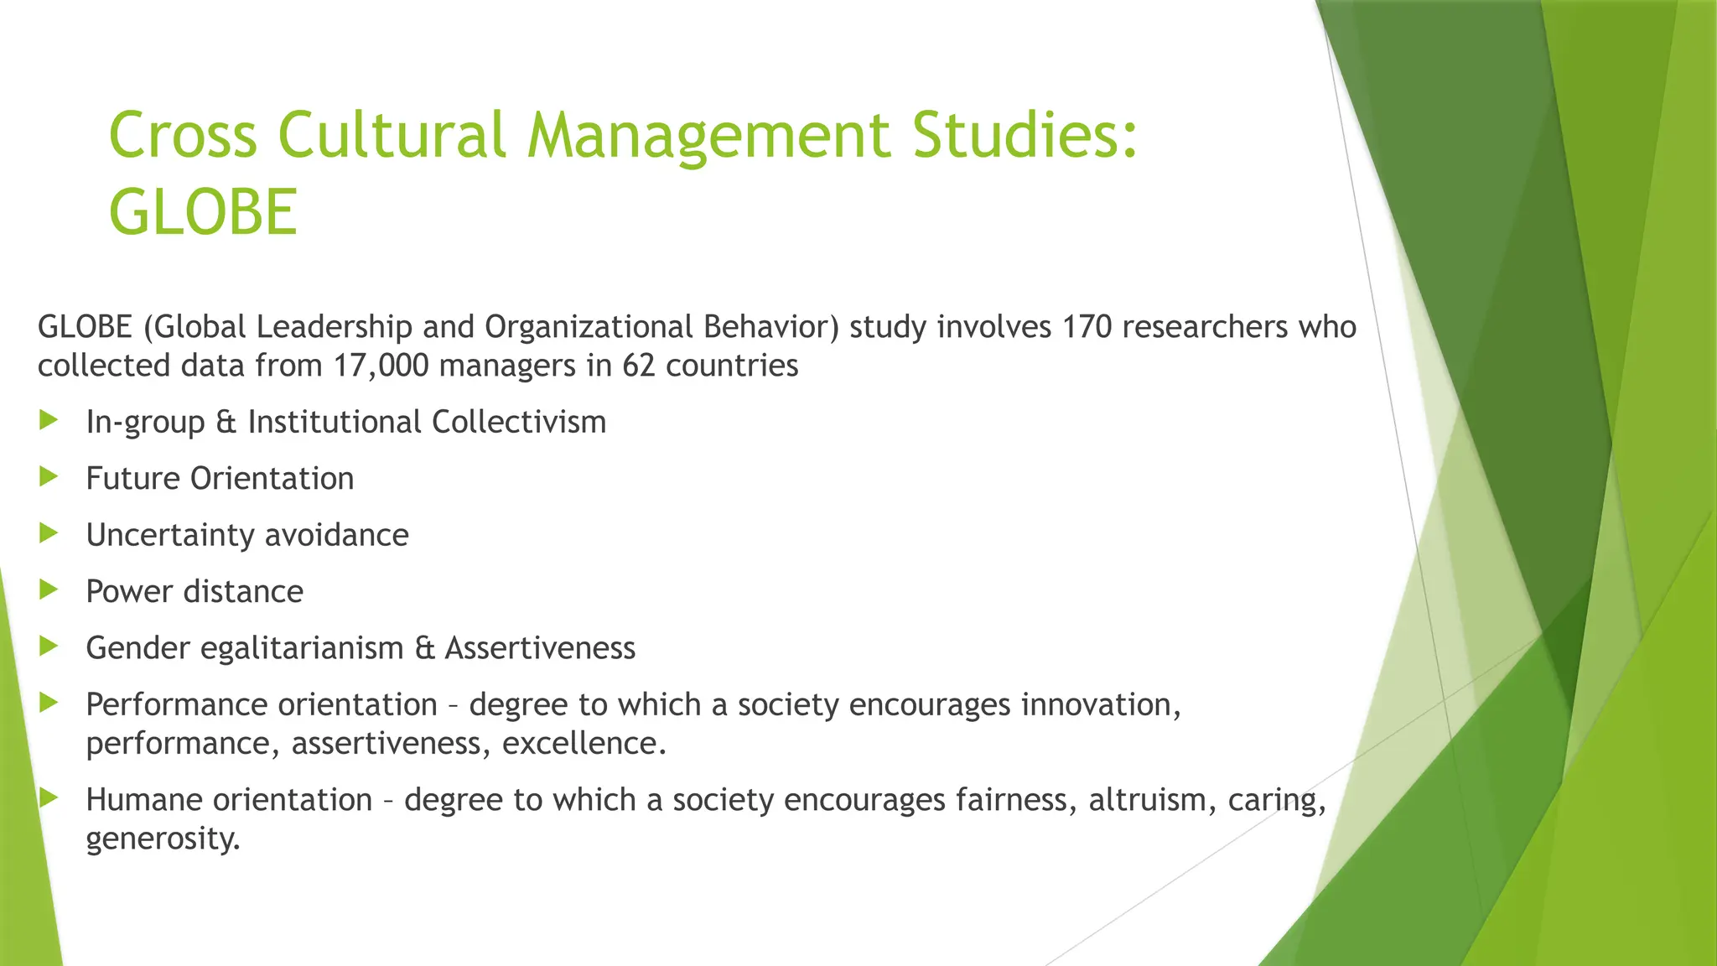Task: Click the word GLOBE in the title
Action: [203, 211]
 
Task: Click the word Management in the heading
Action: [708, 135]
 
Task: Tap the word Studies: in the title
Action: [1024, 135]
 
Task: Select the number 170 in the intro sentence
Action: [1087, 326]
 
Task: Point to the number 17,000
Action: [381, 366]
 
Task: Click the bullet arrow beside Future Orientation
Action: [49, 477]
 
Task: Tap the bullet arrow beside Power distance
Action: [49, 590]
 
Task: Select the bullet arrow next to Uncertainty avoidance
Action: [49, 533]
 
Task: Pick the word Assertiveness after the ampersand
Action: [540, 648]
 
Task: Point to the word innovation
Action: [1100, 704]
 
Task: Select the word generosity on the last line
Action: [163, 839]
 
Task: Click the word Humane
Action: [144, 800]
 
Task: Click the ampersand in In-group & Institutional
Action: [226, 422]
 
